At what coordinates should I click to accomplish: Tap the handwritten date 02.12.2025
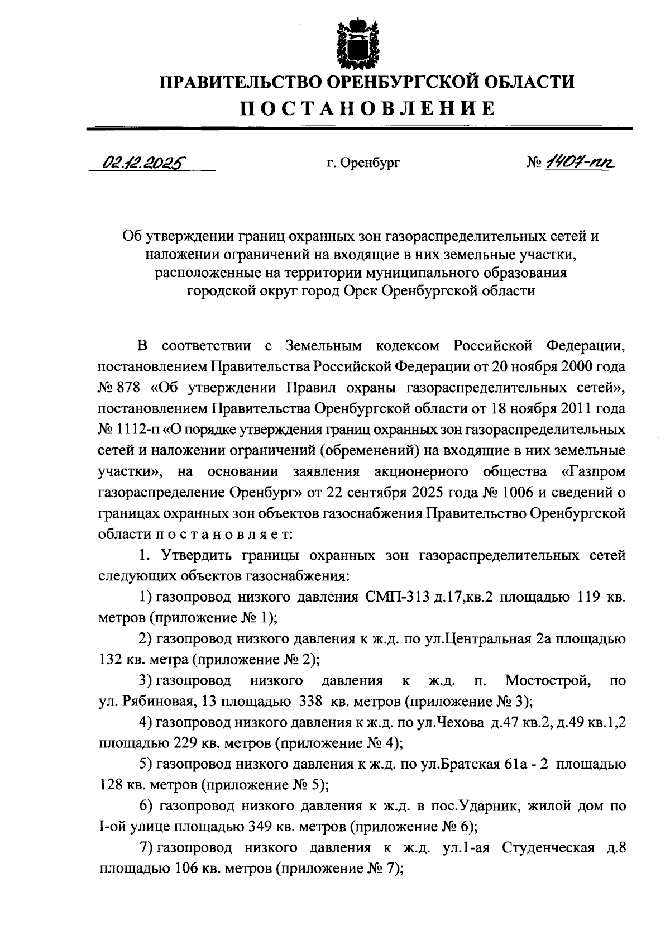click(143, 163)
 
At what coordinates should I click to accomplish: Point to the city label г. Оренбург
click(363, 164)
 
